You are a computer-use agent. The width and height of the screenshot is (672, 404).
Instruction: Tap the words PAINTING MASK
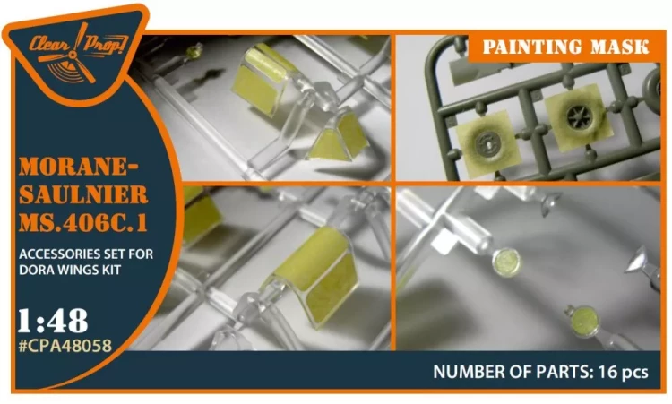(565, 47)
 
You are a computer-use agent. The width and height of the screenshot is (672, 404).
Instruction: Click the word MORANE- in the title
(79, 168)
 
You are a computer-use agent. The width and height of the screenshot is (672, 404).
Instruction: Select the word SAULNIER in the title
(83, 195)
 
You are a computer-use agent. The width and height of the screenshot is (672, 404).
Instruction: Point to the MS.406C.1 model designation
(83, 223)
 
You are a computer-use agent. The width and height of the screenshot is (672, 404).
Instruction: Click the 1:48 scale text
(53, 321)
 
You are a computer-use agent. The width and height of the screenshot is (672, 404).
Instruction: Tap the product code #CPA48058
(65, 345)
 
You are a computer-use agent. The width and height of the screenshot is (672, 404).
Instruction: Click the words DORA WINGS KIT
(70, 270)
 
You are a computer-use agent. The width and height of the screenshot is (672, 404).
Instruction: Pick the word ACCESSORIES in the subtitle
(53, 254)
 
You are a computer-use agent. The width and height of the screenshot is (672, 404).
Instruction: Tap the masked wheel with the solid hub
(487, 142)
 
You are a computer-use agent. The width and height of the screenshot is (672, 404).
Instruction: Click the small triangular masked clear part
(339, 138)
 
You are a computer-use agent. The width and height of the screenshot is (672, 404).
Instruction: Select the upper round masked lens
(506, 262)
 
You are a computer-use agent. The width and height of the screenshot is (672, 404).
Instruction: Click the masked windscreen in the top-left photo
(267, 80)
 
